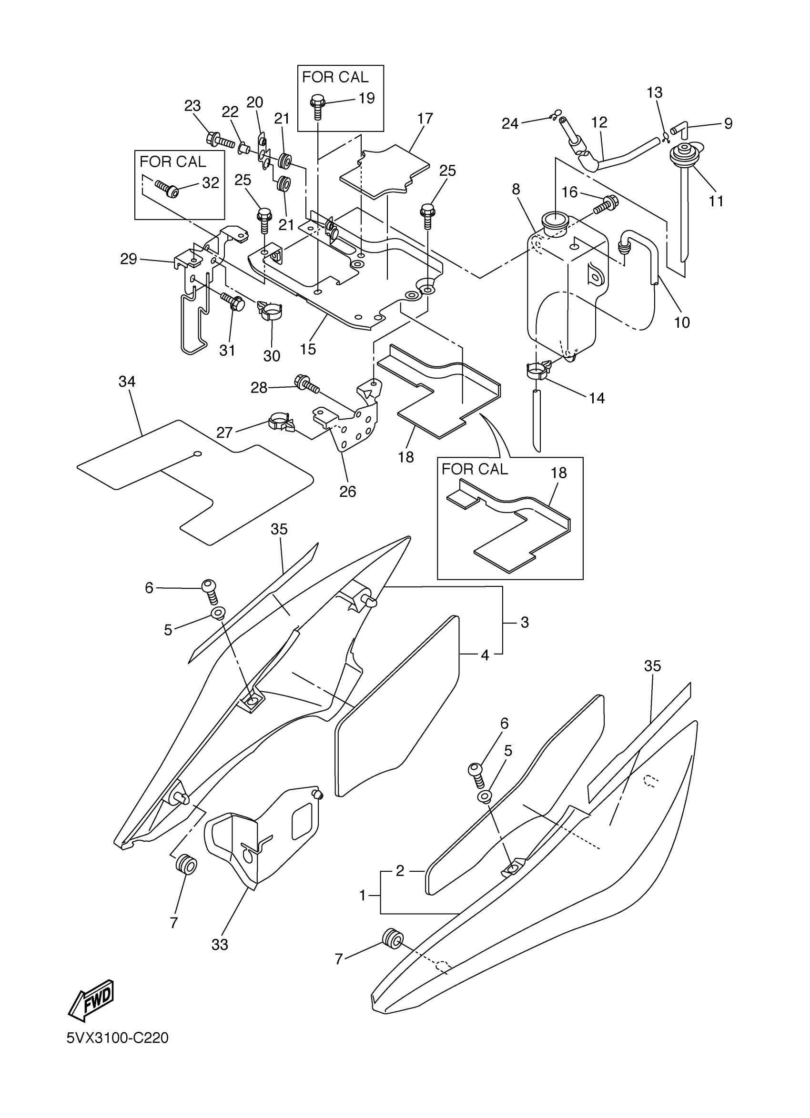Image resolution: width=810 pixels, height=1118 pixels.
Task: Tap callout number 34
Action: tap(127, 382)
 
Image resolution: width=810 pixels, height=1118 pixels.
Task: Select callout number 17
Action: tap(425, 119)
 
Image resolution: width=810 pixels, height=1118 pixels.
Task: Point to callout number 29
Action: tap(129, 259)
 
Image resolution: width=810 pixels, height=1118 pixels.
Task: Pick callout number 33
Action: tap(220, 945)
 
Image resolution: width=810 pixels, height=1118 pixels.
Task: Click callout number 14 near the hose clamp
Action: tap(597, 398)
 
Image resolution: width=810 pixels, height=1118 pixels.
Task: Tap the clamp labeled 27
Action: tap(281, 423)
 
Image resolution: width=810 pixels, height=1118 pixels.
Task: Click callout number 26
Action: tap(347, 492)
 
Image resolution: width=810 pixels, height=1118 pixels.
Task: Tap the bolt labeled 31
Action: tap(233, 302)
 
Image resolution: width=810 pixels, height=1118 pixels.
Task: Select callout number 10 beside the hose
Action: tap(682, 322)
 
